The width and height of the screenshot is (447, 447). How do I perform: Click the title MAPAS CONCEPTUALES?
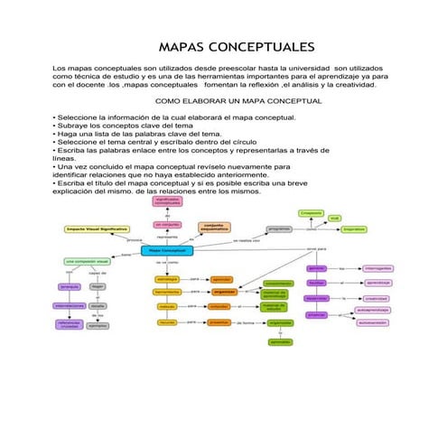click(x=236, y=47)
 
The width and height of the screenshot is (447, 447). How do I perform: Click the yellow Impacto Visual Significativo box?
click(x=97, y=229)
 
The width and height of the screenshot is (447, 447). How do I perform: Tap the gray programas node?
click(x=280, y=229)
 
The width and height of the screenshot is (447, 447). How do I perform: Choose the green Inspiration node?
click(x=353, y=229)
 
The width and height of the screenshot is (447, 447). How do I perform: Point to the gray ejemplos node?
click(x=98, y=325)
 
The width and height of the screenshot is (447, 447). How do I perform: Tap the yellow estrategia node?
click(x=168, y=279)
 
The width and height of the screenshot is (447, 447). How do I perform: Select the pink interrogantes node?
click(x=377, y=268)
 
